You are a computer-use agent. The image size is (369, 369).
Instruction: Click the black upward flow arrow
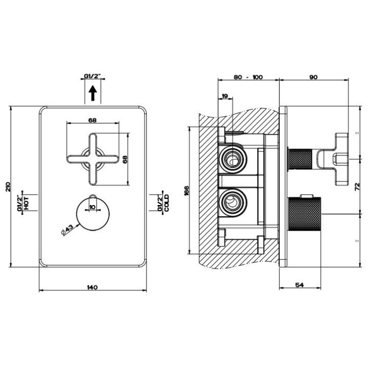click(x=93, y=93)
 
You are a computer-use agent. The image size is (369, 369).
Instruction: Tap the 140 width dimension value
click(x=92, y=287)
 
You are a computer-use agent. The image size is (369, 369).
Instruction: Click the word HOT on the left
click(x=26, y=203)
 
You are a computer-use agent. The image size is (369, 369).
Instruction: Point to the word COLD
click(x=167, y=203)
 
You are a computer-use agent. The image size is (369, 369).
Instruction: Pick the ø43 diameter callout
click(x=67, y=229)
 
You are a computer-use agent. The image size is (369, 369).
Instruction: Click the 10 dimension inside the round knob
click(x=92, y=207)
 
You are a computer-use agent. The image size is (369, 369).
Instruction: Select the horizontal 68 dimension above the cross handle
click(x=93, y=120)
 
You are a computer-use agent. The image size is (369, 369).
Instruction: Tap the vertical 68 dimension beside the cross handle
click(x=125, y=159)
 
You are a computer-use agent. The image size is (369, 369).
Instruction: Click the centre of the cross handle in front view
click(x=93, y=159)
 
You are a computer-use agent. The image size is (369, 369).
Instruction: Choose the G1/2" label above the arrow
click(x=92, y=76)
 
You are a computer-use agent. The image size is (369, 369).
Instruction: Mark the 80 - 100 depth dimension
click(x=248, y=77)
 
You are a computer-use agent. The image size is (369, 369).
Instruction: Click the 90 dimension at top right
click(x=314, y=77)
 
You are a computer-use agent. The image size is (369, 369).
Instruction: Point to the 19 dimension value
click(x=225, y=96)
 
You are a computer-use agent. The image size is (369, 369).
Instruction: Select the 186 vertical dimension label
click(x=187, y=190)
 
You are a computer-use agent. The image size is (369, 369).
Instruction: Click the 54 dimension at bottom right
click(x=299, y=285)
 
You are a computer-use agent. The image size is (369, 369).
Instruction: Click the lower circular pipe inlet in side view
click(x=233, y=201)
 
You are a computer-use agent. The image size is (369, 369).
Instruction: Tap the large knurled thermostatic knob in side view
click(x=305, y=214)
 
